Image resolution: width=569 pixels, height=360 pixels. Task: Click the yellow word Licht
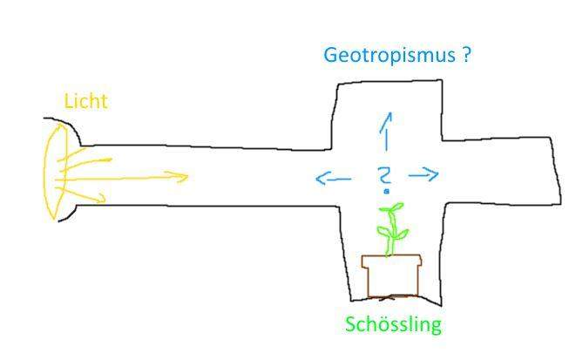pos(86,101)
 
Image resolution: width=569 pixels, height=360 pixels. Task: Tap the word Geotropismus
pos(389,56)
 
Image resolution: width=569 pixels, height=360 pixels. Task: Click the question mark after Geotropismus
pos(466,54)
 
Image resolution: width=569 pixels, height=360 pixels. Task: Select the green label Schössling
pos(393,324)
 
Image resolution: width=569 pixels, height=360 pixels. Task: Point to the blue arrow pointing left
pos(333,179)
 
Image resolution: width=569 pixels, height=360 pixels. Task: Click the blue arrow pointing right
pos(423,174)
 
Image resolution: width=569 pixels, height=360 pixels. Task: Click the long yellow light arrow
pos(122,178)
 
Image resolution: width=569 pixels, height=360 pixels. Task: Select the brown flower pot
pos(392,276)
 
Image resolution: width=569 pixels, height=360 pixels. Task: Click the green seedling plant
pos(392,229)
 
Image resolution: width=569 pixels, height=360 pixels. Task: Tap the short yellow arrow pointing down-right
pos(81,195)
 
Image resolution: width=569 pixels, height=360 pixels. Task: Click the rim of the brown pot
pos(392,261)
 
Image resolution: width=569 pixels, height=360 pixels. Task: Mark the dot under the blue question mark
pos(387,191)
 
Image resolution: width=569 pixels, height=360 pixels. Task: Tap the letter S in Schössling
pos(350,324)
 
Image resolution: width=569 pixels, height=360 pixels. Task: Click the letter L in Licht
pos(69,101)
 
